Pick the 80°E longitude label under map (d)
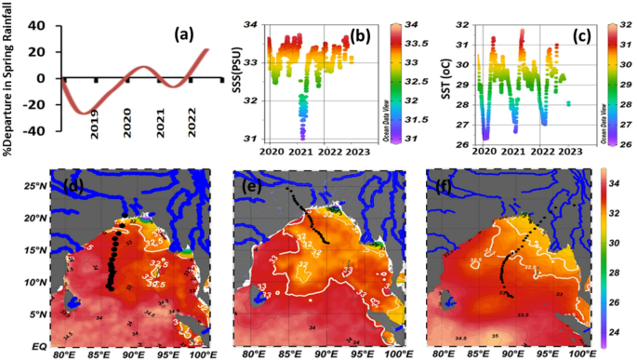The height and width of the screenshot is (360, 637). pos(64,353)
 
